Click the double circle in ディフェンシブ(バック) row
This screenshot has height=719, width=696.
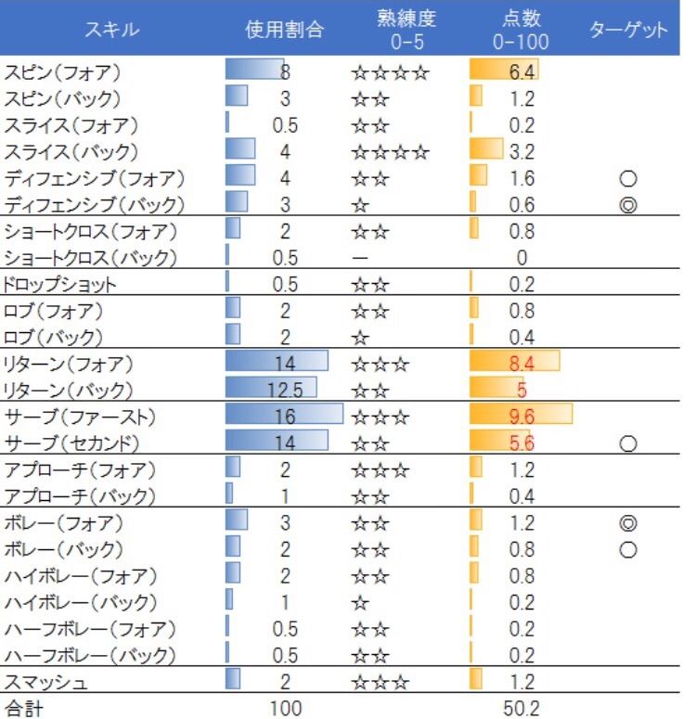point(627,204)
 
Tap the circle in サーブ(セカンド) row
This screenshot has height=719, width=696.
point(627,443)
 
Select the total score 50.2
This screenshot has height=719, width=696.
point(521,709)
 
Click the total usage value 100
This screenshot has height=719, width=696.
point(286,709)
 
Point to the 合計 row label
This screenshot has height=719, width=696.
point(25,709)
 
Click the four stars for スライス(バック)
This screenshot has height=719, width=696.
point(390,150)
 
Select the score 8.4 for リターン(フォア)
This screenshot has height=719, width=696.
point(521,362)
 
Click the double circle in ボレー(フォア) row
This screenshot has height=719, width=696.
point(627,523)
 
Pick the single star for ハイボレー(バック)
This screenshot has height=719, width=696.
point(361,602)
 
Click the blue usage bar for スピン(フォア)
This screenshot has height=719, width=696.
point(254,71)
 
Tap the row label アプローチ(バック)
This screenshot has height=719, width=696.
point(81,495)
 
